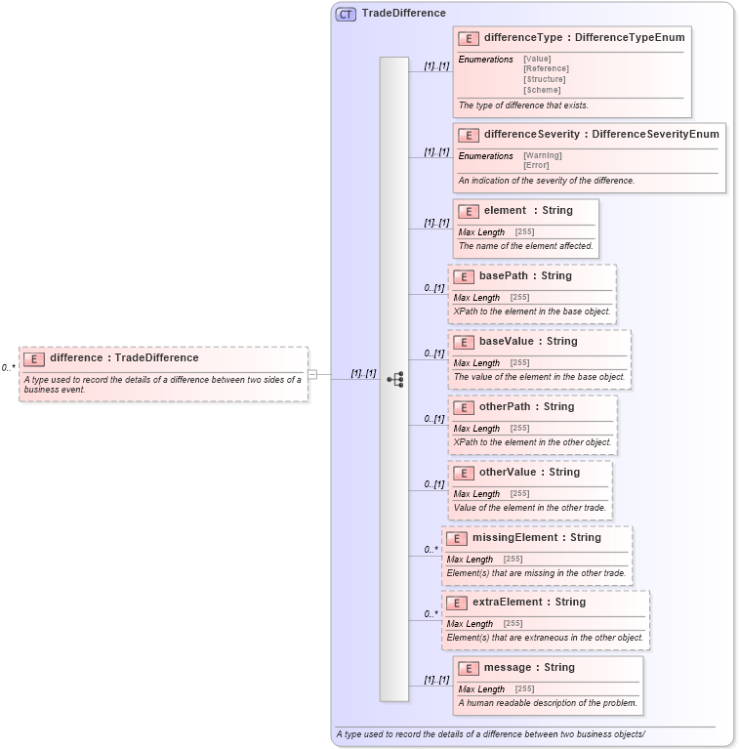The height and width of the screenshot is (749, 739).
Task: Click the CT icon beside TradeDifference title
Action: (346, 14)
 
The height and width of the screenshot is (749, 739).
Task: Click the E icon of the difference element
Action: (34, 358)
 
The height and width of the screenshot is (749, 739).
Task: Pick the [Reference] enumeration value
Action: (546, 69)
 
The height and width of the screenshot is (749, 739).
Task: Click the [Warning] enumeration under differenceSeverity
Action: (543, 155)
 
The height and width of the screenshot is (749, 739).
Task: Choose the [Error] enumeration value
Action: (536, 165)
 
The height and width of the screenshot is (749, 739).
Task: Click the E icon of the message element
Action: (468, 668)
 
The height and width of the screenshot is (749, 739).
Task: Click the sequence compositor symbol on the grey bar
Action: (394, 379)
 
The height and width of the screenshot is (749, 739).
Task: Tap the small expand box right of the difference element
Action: (312, 374)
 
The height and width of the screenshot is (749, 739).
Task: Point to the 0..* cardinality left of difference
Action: (8, 368)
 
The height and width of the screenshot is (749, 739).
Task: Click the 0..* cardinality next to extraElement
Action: (431, 614)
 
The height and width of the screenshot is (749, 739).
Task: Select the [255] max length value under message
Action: (524, 689)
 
